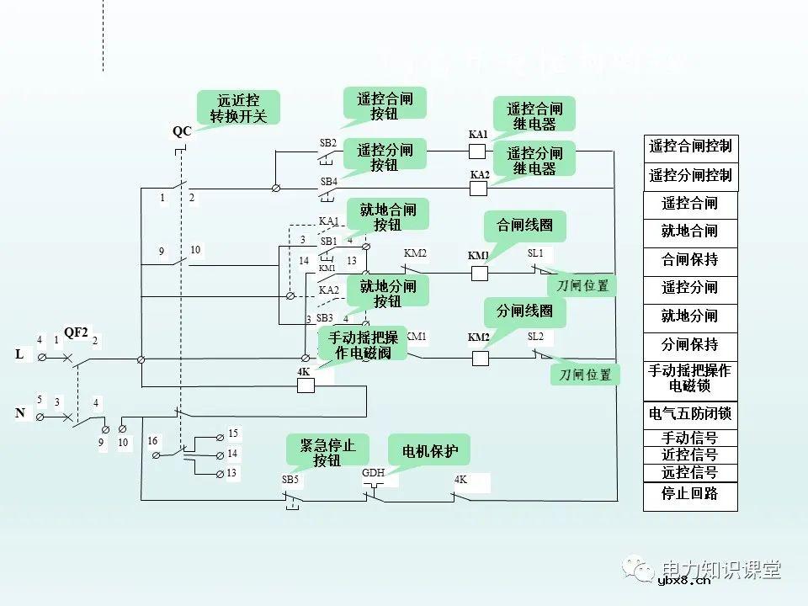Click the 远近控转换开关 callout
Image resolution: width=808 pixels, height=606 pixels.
[237, 108]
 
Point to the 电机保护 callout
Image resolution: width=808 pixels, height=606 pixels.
[430, 451]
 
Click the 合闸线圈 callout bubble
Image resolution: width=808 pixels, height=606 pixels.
[524, 226]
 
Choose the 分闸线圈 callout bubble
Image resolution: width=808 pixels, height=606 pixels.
[524, 311]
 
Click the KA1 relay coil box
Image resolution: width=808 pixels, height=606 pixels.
[478, 151]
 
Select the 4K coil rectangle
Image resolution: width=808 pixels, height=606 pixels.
[306, 385]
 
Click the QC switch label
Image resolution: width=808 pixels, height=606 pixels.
[182, 131]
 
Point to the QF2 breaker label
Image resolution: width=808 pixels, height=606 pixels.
[76, 332]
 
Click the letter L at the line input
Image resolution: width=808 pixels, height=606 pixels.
[19, 355]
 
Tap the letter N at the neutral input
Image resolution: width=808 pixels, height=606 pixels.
[19, 413]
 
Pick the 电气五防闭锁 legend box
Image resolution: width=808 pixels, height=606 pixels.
[689, 414]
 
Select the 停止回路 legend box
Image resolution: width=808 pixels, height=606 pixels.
[689, 494]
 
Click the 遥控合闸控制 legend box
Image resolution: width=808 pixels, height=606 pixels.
[689, 146]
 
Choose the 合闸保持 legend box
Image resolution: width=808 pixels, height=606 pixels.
[689, 260]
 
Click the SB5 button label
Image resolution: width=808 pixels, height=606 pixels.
[290, 480]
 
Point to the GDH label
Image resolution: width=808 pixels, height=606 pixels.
[373, 473]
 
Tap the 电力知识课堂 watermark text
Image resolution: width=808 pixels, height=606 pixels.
[721, 569]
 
